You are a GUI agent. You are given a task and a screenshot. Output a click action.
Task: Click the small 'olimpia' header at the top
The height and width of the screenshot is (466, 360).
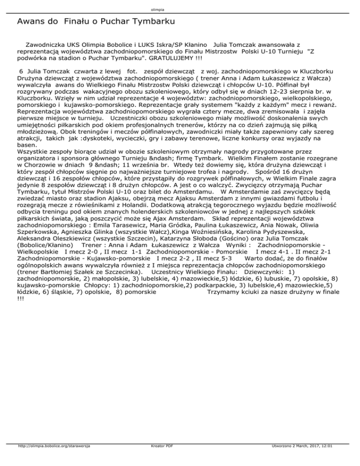point(180,9)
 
